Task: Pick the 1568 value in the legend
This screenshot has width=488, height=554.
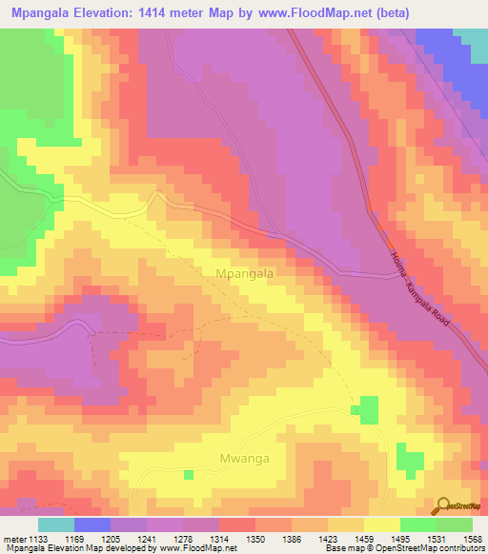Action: point(472,538)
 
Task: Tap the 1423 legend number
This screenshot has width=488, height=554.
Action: point(329,538)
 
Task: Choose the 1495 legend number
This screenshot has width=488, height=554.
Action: point(400,538)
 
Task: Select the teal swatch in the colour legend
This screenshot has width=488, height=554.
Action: point(56,524)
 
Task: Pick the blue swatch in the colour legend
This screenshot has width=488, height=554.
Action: point(92,524)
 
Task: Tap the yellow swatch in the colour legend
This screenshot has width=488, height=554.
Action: point(381,524)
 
